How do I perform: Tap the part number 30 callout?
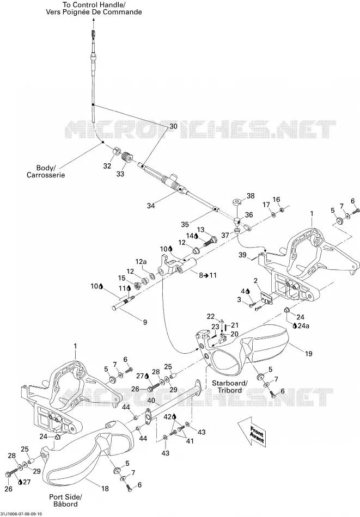pos(173,126)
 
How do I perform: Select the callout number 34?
pos(151,206)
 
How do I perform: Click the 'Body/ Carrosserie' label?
pos(46,171)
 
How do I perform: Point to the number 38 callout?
pos(251,196)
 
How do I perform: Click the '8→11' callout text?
pos(208,275)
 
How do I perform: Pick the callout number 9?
pos(145,322)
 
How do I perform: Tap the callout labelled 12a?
pos(140,262)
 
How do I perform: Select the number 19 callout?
pos(308,354)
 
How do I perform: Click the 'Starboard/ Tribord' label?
pos(229,386)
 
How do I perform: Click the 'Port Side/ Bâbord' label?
pos(65,500)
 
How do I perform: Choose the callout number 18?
pos(105,489)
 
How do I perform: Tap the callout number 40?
pos(151,401)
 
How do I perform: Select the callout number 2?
pos(255,281)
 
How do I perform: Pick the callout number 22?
pos(211,317)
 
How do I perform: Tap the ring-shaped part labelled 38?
pos(237,201)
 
